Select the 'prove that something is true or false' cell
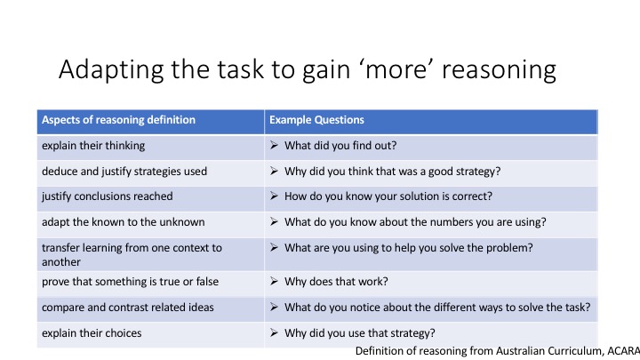click(130, 283)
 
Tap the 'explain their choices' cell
click(89, 333)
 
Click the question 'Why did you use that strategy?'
click(359, 333)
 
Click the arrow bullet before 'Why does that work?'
click(275, 283)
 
